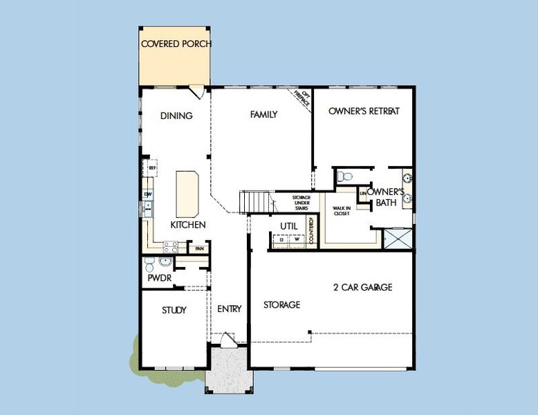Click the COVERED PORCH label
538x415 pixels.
(176, 44)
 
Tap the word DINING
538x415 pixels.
(176, 116)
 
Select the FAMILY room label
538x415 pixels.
(263, 115)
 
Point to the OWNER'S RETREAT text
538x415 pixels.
(364, 111)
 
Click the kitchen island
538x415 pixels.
(187, 194)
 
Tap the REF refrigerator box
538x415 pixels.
(151, 167)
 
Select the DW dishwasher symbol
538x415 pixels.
(147, 194)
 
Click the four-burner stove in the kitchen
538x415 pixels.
(170, 246)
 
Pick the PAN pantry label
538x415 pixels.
(198, 248)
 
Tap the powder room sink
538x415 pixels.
(165, 262)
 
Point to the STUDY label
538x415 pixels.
(174, 311)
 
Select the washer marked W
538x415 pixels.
(297, 240)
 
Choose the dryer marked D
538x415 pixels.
(281, 240)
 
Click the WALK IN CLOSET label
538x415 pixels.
(342, 211)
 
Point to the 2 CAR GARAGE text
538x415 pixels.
(362, 288)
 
